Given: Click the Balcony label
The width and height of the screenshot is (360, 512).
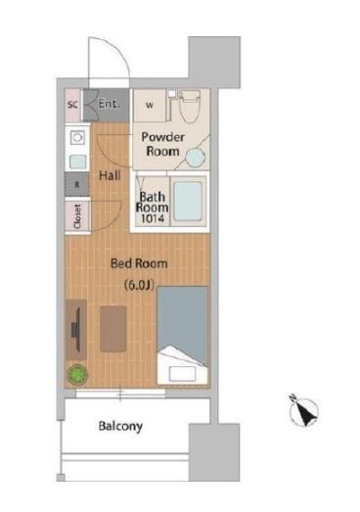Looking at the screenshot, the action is click(x=120, y=426).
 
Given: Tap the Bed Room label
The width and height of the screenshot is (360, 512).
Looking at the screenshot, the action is click(x=139, y=263).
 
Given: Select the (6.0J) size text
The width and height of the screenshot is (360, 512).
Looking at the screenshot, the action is click(x=139, y=285).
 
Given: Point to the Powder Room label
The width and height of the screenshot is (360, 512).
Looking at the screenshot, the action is click(x=162, y=144).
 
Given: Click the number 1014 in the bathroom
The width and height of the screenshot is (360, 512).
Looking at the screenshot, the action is click(x=152, y=218).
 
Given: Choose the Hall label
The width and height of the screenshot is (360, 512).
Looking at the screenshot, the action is click(x=110, y=175).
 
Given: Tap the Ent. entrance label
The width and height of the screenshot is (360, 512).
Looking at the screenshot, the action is click(x=109, y=104).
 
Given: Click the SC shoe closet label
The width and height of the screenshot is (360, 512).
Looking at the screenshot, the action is click(x=72, y=105).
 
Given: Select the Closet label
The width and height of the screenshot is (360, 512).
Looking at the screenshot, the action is click(x=77, y=216).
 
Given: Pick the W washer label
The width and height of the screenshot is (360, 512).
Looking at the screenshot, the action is click(x=150, y=105).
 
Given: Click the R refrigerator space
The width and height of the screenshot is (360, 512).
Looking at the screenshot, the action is click(x=77, y=184).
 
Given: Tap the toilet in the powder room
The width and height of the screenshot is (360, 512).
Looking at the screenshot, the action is click(x=190, y=105).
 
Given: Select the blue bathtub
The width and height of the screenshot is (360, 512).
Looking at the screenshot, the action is click(x=188, y=201).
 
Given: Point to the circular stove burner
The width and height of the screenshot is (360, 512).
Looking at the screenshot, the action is click(x=77, y=137).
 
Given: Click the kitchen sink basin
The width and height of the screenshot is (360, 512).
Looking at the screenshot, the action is click(x=77, y=162).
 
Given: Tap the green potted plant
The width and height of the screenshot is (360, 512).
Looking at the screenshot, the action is click(x=77, y=374).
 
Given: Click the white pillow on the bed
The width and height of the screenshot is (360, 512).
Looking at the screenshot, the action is click(x=183, y=373).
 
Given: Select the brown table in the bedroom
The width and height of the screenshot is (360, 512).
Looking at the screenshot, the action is click(x=112, y=329).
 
